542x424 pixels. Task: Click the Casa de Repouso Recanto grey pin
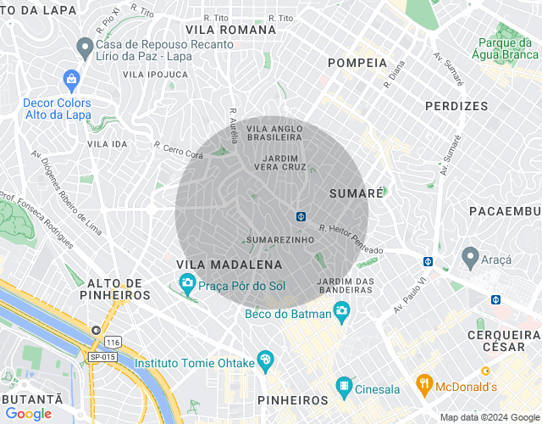tap(84, 45)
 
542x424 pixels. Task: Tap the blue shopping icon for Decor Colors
tap(71, 81)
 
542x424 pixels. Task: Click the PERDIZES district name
tap(456, 106)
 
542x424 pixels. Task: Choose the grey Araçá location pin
tap(469, 255)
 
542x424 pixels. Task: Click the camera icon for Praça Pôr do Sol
tap(187, 283)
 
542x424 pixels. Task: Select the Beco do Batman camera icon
tap(341, 310)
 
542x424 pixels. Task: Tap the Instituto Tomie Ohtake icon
tap(265, 360)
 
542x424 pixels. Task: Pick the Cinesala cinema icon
tap(344, 387)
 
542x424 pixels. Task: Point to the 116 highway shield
tap(113, 342)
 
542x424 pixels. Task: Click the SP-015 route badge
tap(102, 357)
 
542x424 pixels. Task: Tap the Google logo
tap(28, 414)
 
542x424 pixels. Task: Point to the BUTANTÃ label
tap(31, 399)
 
